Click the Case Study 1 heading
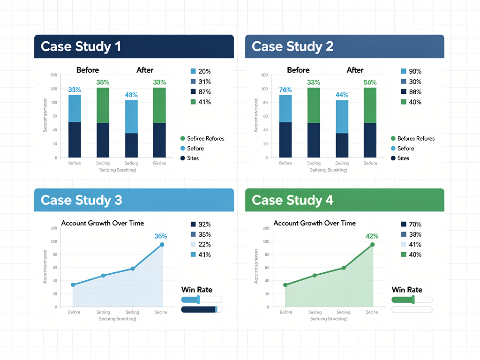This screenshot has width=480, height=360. (81, 46)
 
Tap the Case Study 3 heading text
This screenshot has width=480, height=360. (81, 200)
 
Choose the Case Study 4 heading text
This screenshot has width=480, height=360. (292, 200)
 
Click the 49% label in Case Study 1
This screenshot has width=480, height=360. (131, 95)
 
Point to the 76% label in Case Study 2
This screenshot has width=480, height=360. (285, 90)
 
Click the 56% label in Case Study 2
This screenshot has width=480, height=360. (370, 82)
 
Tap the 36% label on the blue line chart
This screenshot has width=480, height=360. (161, 236)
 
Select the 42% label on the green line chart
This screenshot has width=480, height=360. (372, 236)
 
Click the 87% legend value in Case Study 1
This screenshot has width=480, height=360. (205, 92)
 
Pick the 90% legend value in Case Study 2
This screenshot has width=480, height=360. (415, 71)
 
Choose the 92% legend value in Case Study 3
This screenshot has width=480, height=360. (205, 225)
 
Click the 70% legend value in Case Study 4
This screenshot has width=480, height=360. (415, 225)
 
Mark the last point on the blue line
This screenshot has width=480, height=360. (162, 245)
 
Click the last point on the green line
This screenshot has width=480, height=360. (373, 245)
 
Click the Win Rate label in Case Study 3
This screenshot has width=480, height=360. (197, 290)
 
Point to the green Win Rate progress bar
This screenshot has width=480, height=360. (403, 300)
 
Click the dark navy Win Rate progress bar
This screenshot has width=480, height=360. (199, 309)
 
